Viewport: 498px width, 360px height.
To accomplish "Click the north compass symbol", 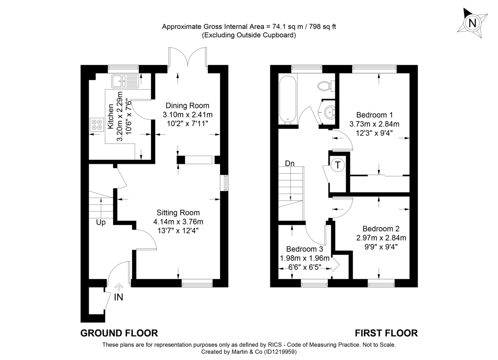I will coord(471,22).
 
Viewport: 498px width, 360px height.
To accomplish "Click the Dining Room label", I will coord(188,105).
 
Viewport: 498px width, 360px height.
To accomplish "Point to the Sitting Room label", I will coord(178,212).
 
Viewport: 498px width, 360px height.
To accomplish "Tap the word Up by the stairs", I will coord(101,223).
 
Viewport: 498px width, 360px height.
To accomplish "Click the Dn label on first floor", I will coord(290,164).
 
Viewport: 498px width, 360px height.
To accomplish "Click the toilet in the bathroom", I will coord(325,86).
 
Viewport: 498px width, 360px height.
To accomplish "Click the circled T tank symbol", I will coord(339,165).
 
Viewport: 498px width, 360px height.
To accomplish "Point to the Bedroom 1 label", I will coord(374,115).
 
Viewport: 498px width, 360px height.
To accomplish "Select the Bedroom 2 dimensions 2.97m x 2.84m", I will coord(381,238).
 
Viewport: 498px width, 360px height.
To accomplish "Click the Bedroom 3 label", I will coord(304,249).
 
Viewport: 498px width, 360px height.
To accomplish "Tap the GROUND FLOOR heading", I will coord(119,333).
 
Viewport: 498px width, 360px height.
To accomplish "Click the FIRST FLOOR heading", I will coord(386,333).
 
